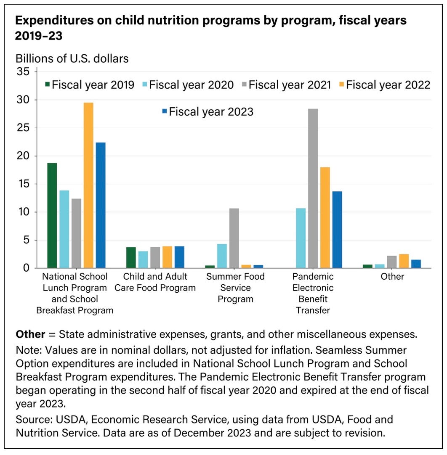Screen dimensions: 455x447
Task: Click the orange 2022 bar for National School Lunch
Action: coord(88,185)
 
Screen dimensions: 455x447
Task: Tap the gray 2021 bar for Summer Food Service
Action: coord(234,238)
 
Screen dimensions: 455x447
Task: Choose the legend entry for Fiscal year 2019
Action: coord(90,85)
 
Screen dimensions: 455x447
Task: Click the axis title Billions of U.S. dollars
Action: coord(72,58)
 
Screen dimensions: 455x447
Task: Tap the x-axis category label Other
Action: coord(392,277)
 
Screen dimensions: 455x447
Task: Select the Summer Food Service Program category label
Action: coord(235,288)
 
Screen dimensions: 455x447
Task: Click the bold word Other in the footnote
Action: coord(30,334)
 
